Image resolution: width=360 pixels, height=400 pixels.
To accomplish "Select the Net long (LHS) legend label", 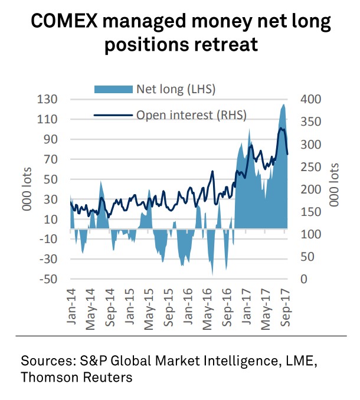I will pyautogui.click(x=176, y=90).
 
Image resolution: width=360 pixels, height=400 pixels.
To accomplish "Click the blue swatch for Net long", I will pyautogui.click(x=113, y=90).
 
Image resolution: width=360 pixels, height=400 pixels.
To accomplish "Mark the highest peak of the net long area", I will pyautogui.click(x=283, y=104).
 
